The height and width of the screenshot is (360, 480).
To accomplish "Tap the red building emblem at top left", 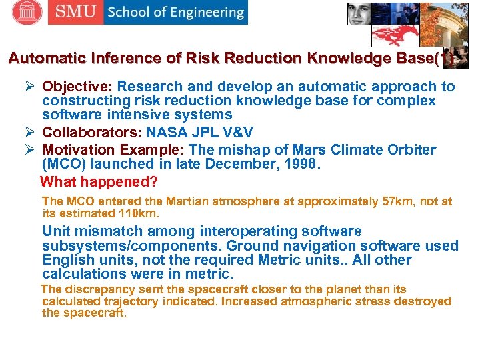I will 27,12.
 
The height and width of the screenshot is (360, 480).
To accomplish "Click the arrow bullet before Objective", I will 30,87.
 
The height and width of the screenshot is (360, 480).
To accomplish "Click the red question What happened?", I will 99,181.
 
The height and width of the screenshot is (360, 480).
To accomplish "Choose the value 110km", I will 138,213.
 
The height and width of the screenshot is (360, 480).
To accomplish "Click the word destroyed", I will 420,301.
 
